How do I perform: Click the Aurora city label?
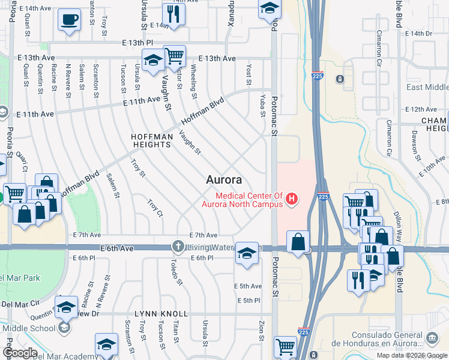(224, 179)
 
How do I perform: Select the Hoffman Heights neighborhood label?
(152, 140)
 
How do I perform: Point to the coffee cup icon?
(69, 19)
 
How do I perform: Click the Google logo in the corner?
(20, 353)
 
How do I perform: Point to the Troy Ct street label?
(155, 207)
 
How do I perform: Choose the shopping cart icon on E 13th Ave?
(175, 56)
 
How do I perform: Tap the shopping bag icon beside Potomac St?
(298, 242)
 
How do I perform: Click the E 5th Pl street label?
(249, 301)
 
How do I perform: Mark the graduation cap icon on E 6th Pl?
(246, 253)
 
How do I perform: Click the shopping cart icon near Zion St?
(285, 347)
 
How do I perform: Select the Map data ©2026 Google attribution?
(412, 355)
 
